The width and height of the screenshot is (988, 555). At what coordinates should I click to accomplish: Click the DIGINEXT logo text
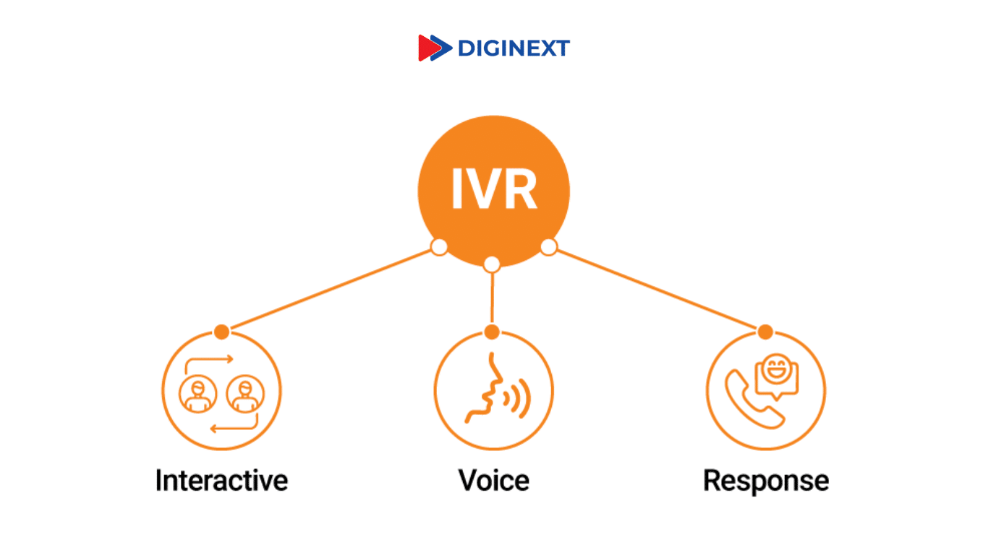pos(514,48)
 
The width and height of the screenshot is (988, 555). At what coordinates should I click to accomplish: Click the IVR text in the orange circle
pos(494,189)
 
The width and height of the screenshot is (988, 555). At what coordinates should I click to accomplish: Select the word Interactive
pos(221,481)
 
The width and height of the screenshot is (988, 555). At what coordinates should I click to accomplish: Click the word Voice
pos(493,481)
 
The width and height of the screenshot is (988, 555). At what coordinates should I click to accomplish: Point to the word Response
pos(766,481)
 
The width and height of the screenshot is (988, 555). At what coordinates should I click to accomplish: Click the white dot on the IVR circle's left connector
pos(438,247)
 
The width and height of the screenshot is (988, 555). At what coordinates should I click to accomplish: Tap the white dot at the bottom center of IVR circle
pos(492,264)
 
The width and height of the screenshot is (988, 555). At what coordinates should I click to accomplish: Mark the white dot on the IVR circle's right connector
pos(549,247)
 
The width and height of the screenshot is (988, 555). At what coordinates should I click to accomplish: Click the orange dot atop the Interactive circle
pos(222,332)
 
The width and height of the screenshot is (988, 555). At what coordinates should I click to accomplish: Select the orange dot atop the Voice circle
pos(492,332)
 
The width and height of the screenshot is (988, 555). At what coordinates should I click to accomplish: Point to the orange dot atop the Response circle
pos(765,332)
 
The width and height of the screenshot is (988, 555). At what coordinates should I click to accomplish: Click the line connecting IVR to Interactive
pos(330,289)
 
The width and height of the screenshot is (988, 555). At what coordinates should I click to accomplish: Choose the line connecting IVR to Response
pos(657,289)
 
